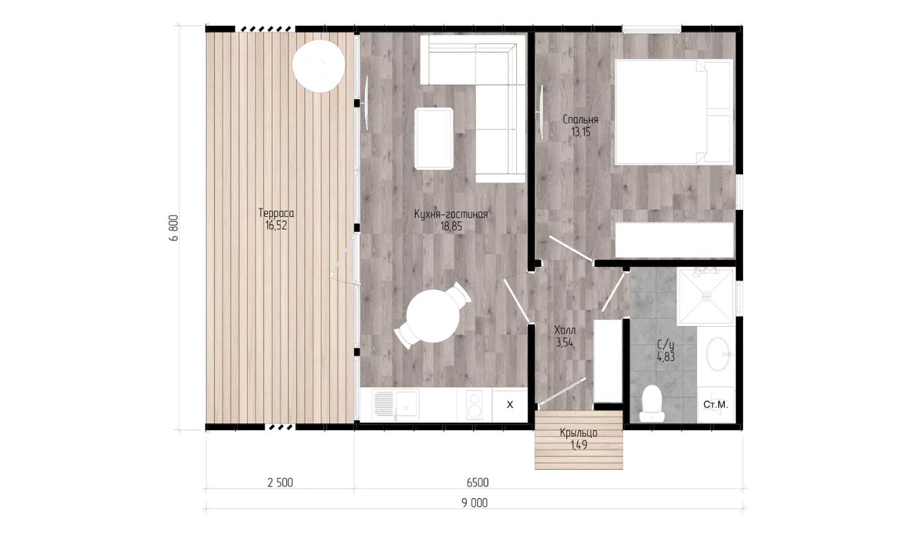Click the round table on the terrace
(x=319, y=66)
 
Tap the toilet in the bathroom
(x=652, y=404)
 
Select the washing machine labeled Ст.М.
(x=715, y=404)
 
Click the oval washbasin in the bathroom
(x=718, y=354)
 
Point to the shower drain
(x=707, y=296)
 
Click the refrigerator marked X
(x=510, y=405)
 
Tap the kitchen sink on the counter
(x=396, y=406)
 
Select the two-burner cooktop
(x=475, y=405)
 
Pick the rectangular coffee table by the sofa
(x=434, y=139)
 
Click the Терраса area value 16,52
(x=276, y=225)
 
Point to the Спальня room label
(x=580, y=120)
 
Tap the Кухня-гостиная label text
(x=451, y=214)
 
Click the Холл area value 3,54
(x=565, y=343)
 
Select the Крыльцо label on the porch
(x=579, y=433)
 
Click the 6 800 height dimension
(x=174, y=228)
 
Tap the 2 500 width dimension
(x=281, y=483)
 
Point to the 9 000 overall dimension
(x=475, y=503)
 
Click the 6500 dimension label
(x=478, y=483)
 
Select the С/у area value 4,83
(x=666, y=357)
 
